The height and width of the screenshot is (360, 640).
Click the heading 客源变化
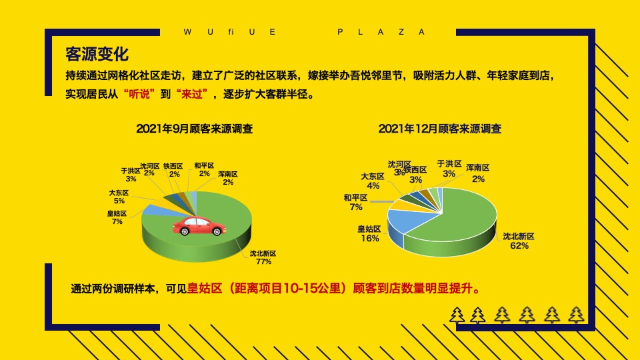click(97, 54)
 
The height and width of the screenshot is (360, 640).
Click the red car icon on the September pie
click(199, 226)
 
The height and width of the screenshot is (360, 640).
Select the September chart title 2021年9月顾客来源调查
click(194, 129)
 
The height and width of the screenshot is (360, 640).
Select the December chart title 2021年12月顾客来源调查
click(440, 129)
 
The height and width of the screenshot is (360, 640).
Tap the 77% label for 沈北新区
click(263, 257)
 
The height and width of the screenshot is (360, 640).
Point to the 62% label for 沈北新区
click(519, 241)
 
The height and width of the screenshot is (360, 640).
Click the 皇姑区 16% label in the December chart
click(370, 234)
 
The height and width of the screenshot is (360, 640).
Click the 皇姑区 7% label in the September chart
click(117, 217)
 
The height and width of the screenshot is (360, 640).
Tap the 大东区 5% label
click(119, 197)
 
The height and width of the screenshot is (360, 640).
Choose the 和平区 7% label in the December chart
click(355, 203)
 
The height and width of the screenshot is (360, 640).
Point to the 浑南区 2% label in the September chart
click(228, 178)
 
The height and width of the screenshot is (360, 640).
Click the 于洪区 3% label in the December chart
click(449, 169)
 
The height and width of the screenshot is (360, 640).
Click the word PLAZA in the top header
click(381, 32)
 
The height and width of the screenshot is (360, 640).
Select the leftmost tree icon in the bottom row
click(457, 315)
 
